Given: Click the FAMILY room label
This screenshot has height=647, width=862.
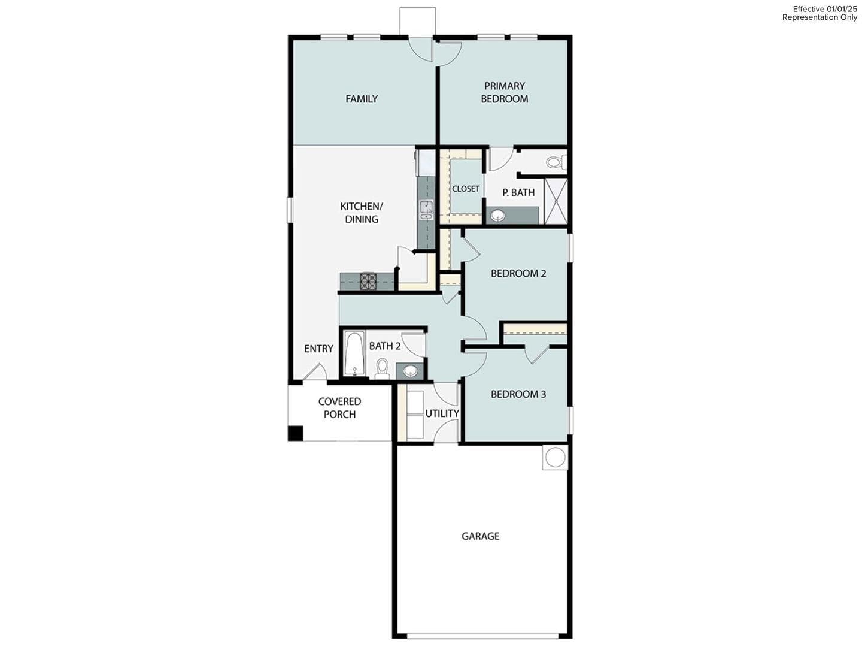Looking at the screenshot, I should (x=362, y=99).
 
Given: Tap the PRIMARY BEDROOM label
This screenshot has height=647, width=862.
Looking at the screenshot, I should (x=504, y=93).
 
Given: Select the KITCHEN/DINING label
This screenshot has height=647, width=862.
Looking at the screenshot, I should (x=362, y=213).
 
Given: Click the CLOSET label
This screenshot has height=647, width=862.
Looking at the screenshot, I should (x=466, y=189).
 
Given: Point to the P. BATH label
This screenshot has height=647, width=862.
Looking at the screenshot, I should (x=518, y=192).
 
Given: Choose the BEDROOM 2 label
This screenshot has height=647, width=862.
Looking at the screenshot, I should (x=518, y=274).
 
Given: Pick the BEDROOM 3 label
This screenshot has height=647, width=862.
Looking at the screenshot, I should (x=518, y=394).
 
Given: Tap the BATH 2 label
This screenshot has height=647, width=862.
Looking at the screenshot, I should (x=384, y=346).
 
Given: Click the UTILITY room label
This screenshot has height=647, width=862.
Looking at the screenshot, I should (x=442, y=413).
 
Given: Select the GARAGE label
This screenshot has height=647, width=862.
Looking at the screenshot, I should (x=480, y=536).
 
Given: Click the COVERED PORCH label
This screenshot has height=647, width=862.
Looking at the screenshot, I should (x=339, y=408).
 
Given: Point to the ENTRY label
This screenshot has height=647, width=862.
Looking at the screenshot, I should (x=318, y=349).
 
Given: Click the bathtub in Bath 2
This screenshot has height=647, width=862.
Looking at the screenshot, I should (x=354, y=354).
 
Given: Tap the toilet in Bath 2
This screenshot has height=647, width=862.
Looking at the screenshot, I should (x=382, y=367).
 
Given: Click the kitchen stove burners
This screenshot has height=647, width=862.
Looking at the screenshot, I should (x=368, y=281).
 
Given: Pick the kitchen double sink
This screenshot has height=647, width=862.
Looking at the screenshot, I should (x=426, y=211).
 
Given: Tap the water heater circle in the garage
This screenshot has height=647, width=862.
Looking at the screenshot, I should (x=554, y=457).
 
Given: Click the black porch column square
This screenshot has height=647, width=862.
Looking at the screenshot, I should (x=295, y=433).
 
